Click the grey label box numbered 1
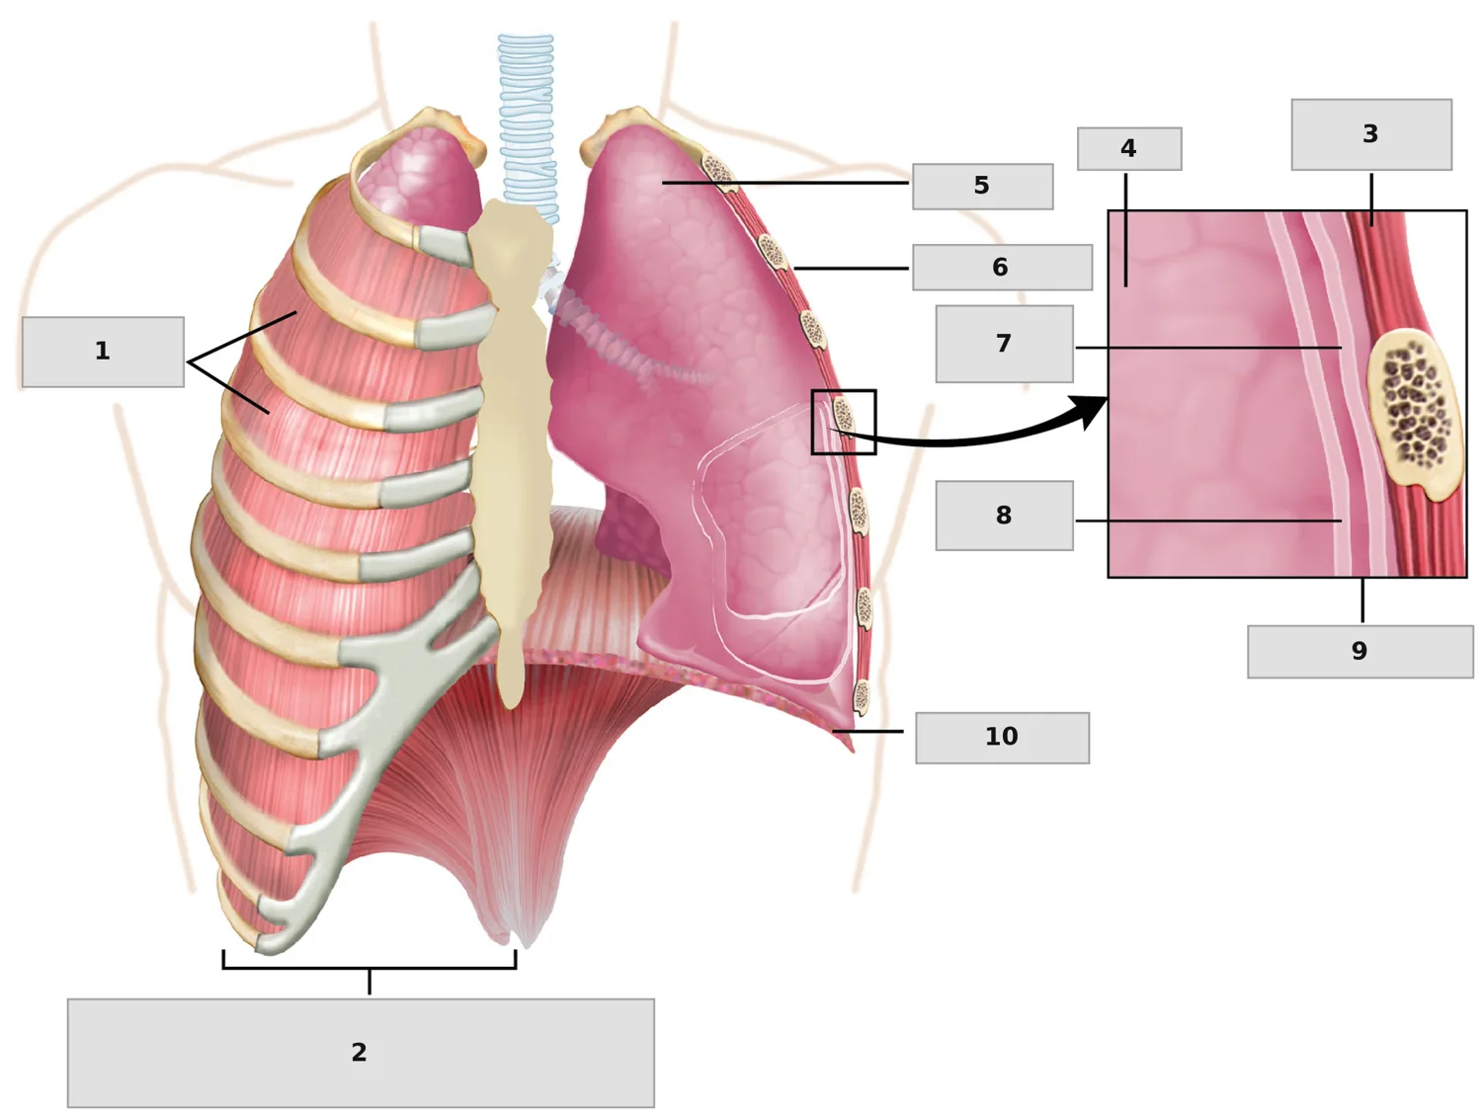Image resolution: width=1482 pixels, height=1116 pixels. click(103, 352)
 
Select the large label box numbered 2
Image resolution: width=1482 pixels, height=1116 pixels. click(361, 1053)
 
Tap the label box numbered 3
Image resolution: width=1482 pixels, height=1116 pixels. click(1371, 134)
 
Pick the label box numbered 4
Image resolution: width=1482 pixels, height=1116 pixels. click(1129, 148)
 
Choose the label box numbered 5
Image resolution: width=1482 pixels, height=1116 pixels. click(982, 187)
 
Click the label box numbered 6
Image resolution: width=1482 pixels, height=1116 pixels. click(1002, 268)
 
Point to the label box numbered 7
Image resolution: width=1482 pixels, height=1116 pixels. click(1004, 344)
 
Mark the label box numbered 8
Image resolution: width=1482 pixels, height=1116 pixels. click(1004, 516)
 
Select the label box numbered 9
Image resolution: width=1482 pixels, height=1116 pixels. click(1359, 651)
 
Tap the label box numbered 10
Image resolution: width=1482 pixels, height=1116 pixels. click(1002, 738)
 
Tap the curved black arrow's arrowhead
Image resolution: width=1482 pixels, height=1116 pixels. click(1089, 412)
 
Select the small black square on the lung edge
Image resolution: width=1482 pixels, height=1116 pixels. click(844, 422)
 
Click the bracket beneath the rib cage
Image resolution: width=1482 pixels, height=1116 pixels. click(370, 968)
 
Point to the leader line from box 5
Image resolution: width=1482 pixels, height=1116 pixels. click(784, 182)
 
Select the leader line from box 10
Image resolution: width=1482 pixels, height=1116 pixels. click(866, 731)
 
